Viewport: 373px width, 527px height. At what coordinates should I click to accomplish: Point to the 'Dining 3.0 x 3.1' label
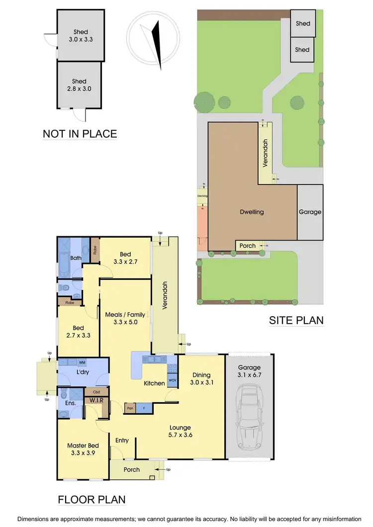[x=202, y=379]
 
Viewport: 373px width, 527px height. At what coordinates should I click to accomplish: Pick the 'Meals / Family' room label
[x=125, y=318]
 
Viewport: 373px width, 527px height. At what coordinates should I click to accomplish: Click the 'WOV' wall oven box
[x=173, y=380]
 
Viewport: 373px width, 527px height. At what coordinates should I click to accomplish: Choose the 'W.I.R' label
[x=96, y=400]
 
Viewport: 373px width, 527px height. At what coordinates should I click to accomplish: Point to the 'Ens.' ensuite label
[x=70, y=403]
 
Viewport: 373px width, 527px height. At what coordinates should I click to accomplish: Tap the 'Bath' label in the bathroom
[x=76, y=258]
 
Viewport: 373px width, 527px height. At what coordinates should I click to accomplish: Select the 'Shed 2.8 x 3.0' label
[x=79, y=85]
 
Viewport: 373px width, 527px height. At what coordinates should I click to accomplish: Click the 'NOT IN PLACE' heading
[x=80, y=134]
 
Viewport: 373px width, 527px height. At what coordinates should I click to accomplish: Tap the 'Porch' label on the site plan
[x=248, y=246]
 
